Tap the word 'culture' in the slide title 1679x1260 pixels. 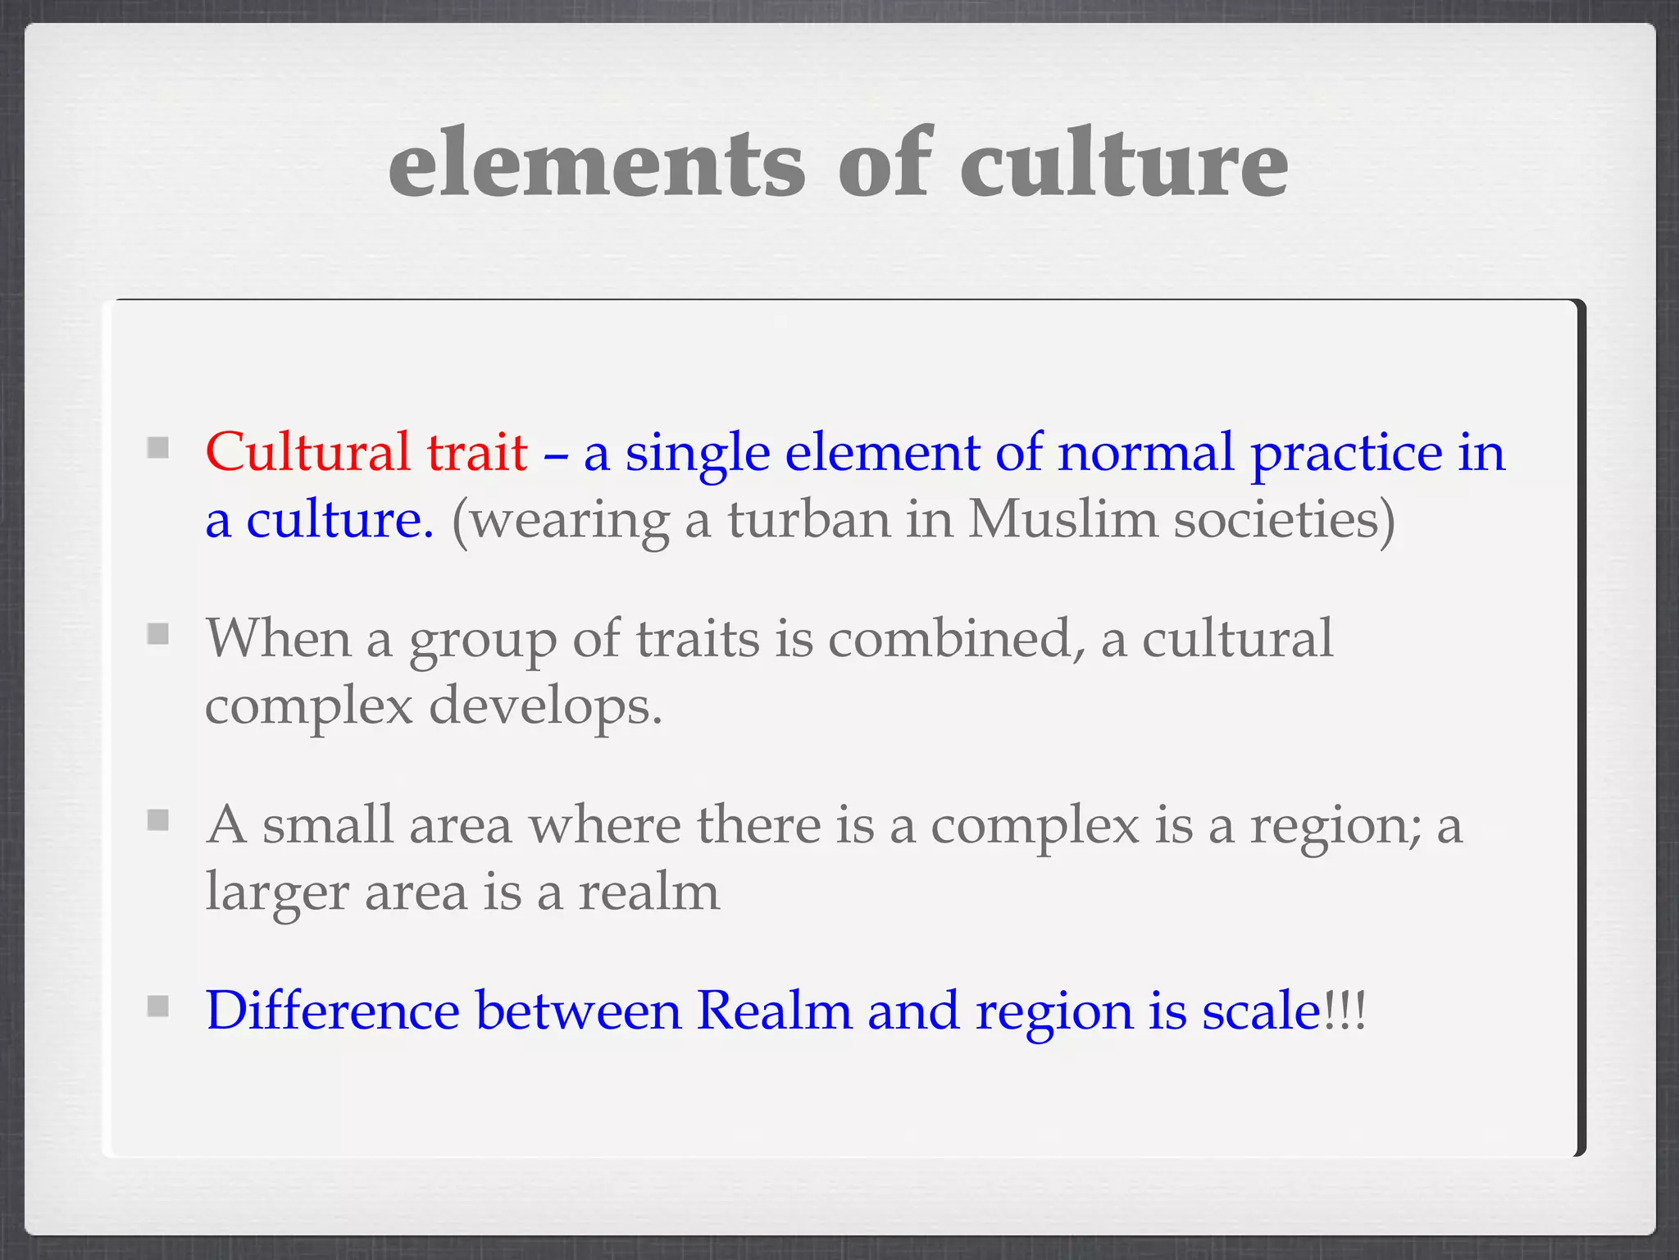pos(1124,164)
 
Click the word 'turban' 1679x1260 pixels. pos(808,519)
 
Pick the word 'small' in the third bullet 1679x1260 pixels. pos(328,824)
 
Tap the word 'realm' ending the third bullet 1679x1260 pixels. pos(648,892)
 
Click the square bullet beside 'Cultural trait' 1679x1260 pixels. pos(158,448)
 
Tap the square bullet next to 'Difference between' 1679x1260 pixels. pos(158,1006)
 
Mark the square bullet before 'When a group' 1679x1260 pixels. pos(158,634)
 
